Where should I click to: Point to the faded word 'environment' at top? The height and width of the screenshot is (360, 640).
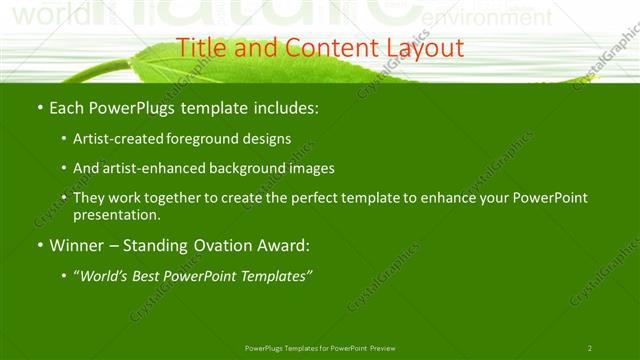click(465, 19)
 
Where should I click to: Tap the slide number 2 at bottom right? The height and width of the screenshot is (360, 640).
click(590, 348)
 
